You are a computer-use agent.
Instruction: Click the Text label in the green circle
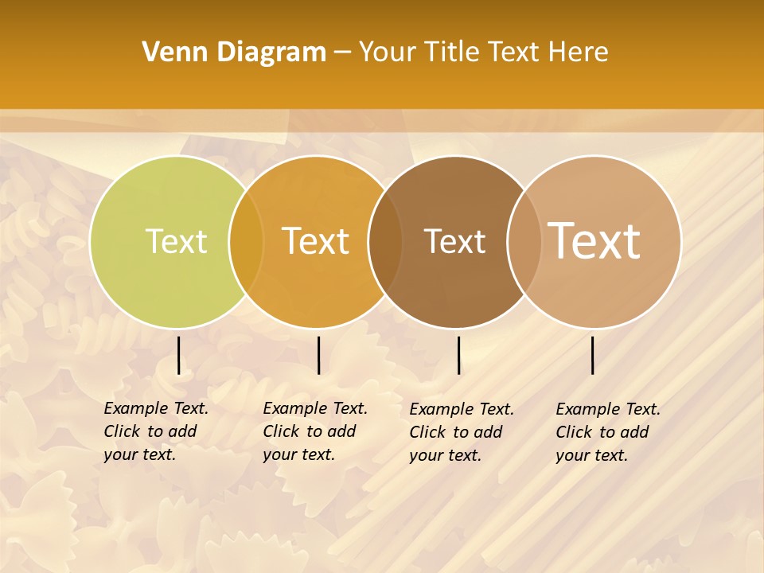(x=176, y=241)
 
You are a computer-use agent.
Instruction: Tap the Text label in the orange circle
(x=316, y=241)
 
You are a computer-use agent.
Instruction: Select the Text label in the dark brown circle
(x=454, y=241)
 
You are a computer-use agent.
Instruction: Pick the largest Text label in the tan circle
(x=594, y=240)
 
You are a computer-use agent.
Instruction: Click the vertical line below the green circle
(x=178, y=355)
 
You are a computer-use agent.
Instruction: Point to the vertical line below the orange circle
(x=318, y=355)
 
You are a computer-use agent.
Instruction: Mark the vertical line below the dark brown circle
(x=458, y=355)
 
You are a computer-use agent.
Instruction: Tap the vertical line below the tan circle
(x=592, y=355)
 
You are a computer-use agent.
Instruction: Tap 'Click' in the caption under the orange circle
(x=281, y=431)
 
